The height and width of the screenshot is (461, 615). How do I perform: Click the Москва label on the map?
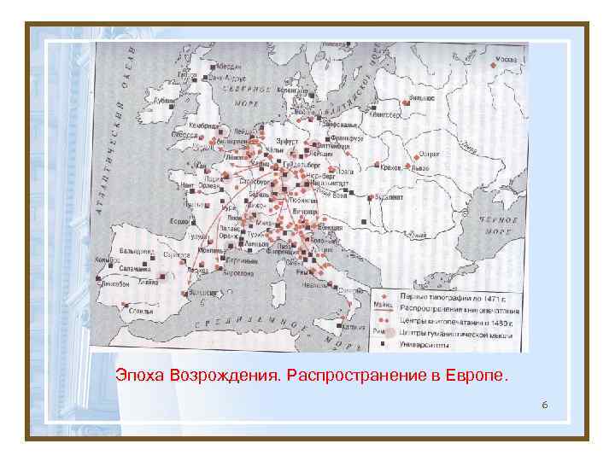pos(507,60)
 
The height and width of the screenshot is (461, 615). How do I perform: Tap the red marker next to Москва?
pos(494,64)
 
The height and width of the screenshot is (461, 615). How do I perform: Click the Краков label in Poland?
pos(391,167)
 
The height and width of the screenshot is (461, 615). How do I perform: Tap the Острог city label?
pos(430,156)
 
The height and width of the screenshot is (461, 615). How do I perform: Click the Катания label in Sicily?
pos(349,325)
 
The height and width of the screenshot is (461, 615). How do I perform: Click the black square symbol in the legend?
pos(383,345)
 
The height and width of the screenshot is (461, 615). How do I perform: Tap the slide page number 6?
pos(543,403)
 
